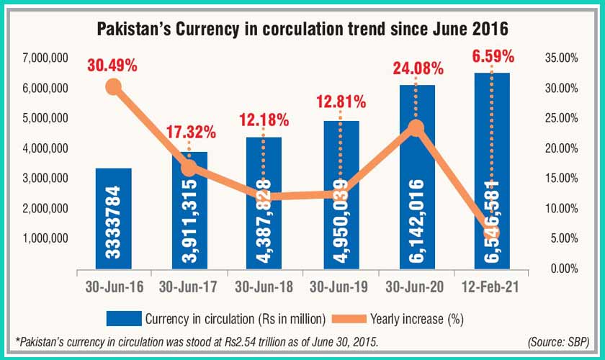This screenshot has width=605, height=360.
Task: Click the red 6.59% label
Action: click(492, 55)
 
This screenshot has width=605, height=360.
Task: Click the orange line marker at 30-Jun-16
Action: click(113, 87)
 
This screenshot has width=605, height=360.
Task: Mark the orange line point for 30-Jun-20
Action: click(416, 128)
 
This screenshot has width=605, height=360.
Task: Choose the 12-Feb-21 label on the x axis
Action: click(493, 286)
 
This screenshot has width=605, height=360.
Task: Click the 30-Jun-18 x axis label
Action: click(264, 286)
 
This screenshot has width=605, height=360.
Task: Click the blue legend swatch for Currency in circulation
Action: click(123, 318)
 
